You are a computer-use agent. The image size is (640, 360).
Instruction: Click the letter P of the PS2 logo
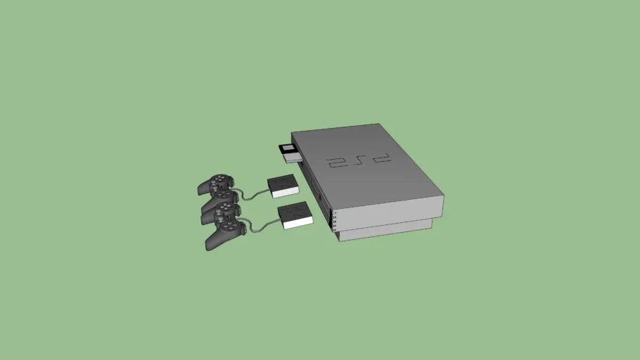click(380, 158)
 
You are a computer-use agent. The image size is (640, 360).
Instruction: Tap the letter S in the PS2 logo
click(357, 161)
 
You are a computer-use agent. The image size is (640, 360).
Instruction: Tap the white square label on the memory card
click(288, 149)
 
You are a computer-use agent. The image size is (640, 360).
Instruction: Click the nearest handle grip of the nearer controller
click(212, 241)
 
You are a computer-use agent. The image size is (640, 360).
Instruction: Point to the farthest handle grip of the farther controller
click(205, 188)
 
